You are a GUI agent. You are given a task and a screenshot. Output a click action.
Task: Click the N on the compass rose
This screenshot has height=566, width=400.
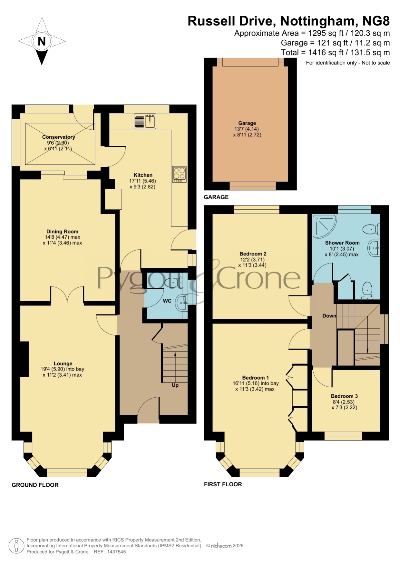pos(42,41)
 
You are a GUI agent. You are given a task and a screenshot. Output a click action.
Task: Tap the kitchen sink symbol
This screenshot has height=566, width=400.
pos(145,121)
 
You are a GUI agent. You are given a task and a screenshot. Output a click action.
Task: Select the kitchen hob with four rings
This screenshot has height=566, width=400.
pos(180,174)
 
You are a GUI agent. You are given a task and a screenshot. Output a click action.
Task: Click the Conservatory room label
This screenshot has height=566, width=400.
pos(59,137)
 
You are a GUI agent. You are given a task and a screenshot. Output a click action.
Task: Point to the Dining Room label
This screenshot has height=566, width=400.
pos(62,232)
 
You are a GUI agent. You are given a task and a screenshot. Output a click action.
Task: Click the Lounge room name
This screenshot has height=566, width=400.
pos(63,363)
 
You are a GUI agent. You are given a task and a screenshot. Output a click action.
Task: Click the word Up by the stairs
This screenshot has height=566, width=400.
pos(175,385)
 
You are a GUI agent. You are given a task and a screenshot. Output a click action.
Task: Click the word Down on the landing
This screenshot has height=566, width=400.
pos(329,316)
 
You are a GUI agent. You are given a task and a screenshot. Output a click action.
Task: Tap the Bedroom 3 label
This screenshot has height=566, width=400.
pos(344,396)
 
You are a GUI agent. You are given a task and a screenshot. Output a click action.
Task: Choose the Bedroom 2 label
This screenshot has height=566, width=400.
pos(253,254)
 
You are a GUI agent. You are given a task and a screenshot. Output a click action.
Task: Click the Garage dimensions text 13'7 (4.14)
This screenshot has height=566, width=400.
pos(247,129)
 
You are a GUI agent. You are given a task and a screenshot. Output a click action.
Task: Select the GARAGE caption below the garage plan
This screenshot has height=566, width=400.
pos(216,197)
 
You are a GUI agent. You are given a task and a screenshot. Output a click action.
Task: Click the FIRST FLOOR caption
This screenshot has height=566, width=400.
pos(223,484)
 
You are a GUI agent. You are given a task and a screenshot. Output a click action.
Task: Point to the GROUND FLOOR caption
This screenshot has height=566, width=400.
pos(35,485)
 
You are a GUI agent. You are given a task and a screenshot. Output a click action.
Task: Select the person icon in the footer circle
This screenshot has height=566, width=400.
pos(16,546)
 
